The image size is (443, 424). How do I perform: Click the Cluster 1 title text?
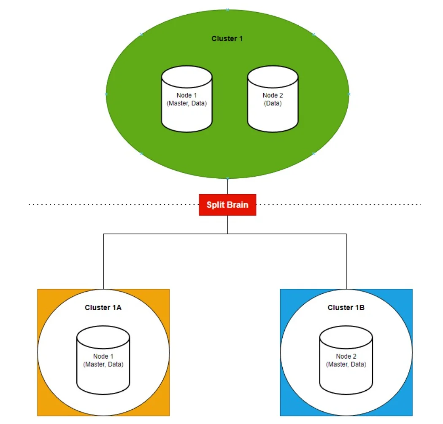click(227, 39)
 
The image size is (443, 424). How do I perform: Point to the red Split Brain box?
click(227, 205)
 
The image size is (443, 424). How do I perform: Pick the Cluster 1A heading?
click(103, 308)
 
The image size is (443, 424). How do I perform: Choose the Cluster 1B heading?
click(346, 308)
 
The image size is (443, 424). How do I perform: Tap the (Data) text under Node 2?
click(273, 103)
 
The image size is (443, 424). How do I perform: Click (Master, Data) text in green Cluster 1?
click(186, 103)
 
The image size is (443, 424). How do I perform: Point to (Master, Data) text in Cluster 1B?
click(346, 364)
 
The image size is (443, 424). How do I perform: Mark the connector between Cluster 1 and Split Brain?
click(227, 186)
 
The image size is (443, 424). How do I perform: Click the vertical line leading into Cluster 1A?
click(103, 261)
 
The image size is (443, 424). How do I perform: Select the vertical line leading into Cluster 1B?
click(346, 261)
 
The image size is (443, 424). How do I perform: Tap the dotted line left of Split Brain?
click(114, 205)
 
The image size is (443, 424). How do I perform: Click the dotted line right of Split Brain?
click(338, 205)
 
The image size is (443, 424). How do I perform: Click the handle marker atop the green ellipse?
click(227, 9)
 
